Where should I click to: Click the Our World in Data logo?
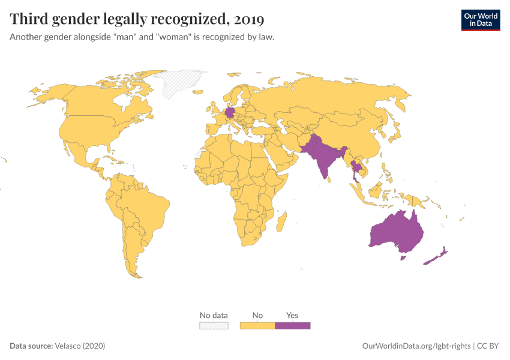coord(480,20)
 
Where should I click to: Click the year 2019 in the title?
coord(249,20)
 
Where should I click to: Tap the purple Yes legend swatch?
coord(292,325)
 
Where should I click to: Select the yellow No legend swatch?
coord(257,325)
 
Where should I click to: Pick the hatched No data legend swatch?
coord(214,325)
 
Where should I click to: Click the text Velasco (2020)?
coord(80,346)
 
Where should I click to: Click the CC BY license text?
coord(488,346)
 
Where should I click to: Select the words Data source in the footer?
coord(31,346)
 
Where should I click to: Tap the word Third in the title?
coord(29,20)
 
